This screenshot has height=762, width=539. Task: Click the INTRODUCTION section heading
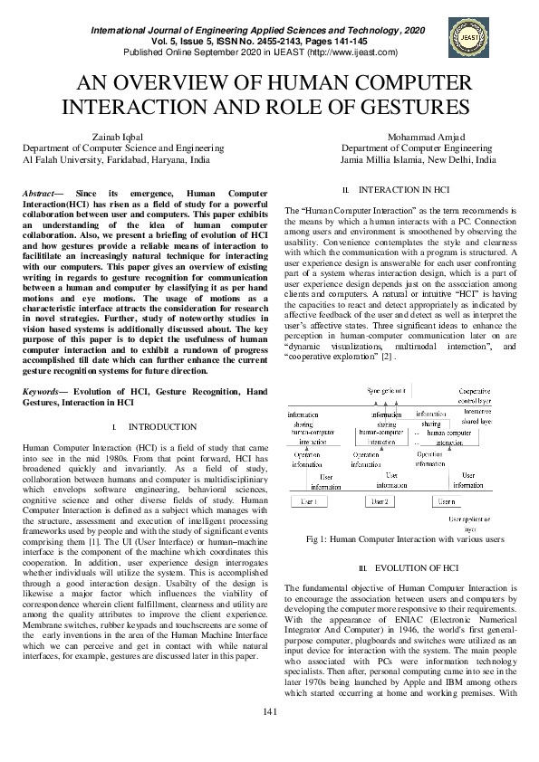pos(161,426)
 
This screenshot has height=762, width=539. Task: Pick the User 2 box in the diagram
pos(380,501)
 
